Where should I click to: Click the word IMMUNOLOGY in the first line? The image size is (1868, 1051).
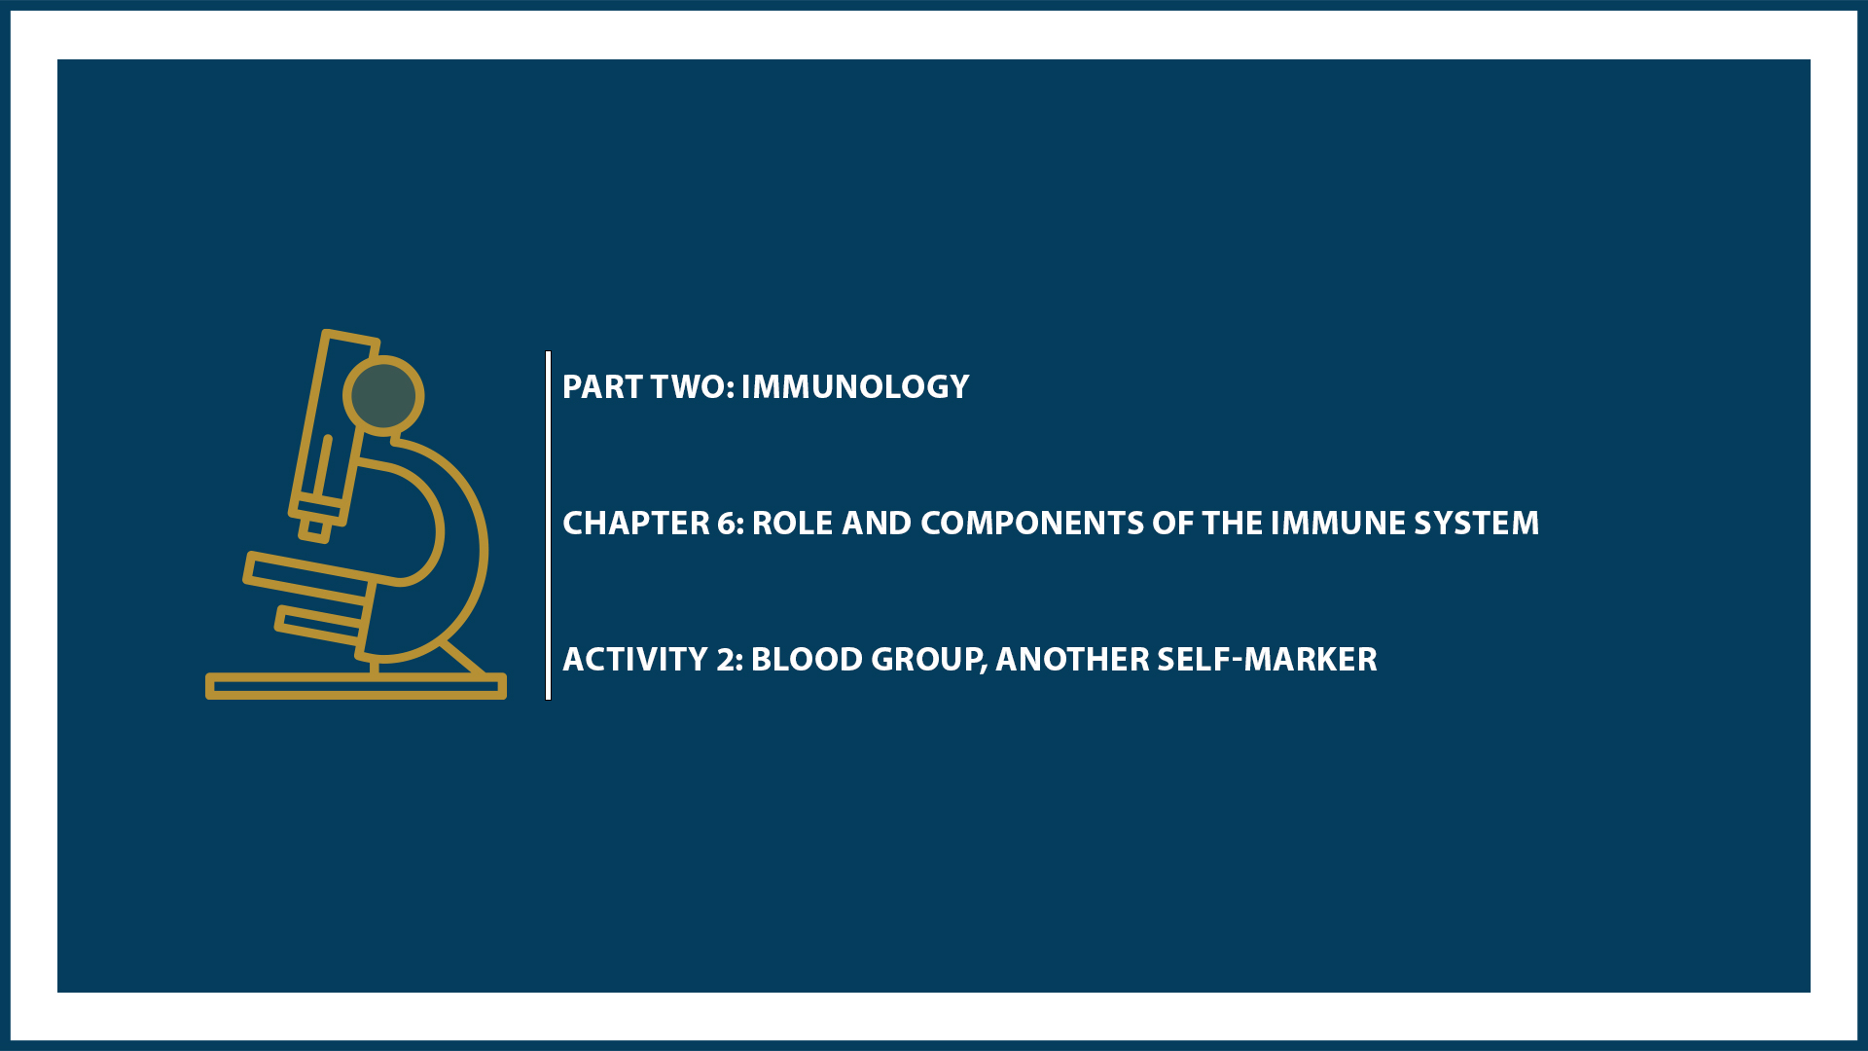click(x=854, y=387)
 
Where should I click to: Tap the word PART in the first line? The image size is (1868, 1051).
click(x=602, y=387)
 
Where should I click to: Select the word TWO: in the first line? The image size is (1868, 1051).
click(x=692, y=387)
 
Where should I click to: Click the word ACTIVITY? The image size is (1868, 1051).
click(x=634, y=660)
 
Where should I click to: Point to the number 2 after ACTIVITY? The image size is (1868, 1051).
click(x=728, y=660)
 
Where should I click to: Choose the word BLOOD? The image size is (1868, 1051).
click(x=807, y=660)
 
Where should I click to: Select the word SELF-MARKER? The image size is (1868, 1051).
click(x=1267, y=660)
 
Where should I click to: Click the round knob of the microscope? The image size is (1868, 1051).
click(x=383, y=396)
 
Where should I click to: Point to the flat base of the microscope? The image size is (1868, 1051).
click(x=355, y=686)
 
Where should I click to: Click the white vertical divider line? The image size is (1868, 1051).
click(x=549, y=525)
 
